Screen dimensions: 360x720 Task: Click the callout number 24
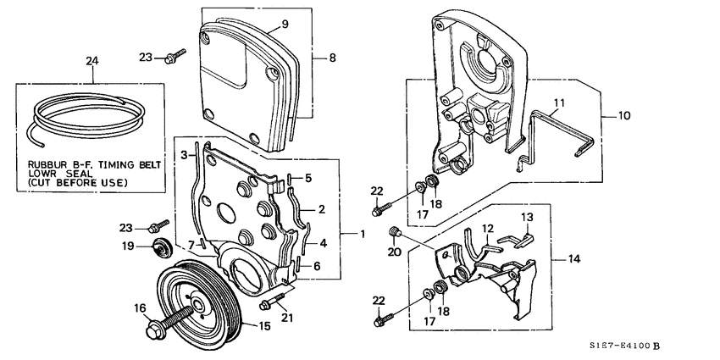click(92, 60)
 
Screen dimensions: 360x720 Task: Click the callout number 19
click(128, 246)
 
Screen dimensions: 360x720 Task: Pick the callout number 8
click(332, 58)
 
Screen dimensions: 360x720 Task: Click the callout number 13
click(526, 219)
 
